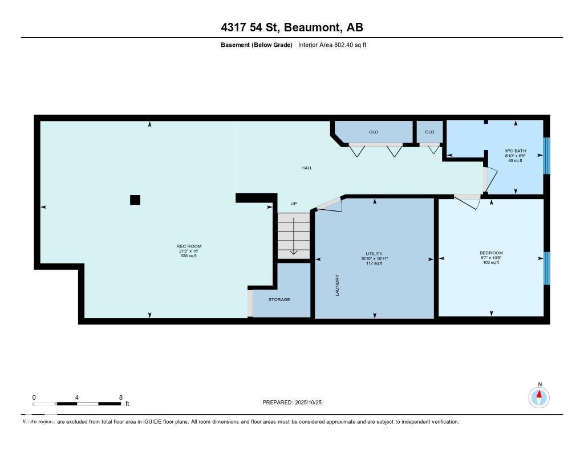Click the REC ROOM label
click(189, 246)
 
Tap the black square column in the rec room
click(135, 200)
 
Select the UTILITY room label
click(374, 254)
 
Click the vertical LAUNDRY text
click(338, 285)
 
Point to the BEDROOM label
click(491, 253)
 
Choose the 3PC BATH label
click(514, 151)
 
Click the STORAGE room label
click(279, 299)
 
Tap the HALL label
click(307, 168)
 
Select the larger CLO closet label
click(374, 132)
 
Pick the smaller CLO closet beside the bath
click(429, 132)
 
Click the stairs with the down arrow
click(294, 235)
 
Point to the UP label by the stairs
click(294, 204)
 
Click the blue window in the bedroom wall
click(546, 268)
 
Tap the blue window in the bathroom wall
click(546, 155)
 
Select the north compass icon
click(539, 396)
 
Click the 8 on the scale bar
click(120, 397)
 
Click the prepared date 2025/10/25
click(313, 403)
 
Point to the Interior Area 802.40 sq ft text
click(332, 44)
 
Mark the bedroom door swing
click(468, 201)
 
